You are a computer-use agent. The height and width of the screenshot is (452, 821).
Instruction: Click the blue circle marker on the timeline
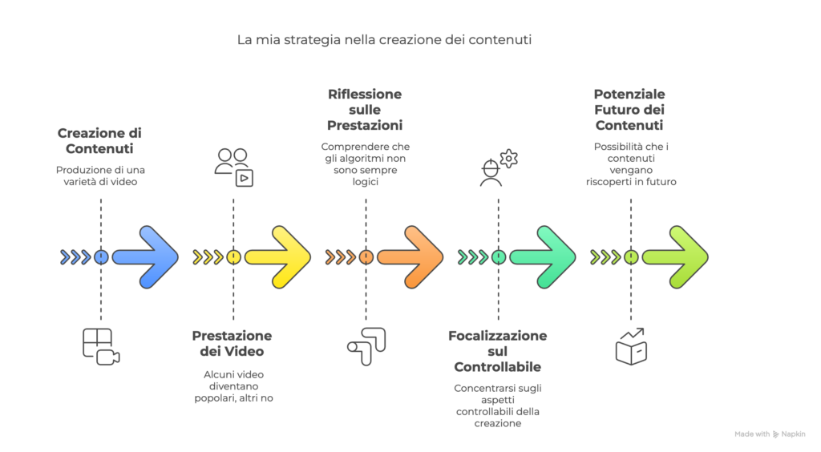click(101, 257)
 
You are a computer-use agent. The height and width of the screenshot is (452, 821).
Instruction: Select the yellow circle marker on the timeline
click(233, 257)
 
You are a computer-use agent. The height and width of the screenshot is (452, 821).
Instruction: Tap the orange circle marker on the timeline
click(366, 257)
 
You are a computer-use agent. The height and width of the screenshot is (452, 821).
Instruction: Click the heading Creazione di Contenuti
click(99, 141)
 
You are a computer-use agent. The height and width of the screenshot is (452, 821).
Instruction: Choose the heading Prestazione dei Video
click(232, 343)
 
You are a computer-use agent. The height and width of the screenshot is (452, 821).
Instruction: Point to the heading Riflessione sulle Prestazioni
click(365, 110)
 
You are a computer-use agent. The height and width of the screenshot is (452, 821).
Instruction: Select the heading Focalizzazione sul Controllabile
click(497, 351)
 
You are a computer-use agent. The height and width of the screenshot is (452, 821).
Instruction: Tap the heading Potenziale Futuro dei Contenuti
click(629, 110)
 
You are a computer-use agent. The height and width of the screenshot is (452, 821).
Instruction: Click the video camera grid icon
click(101, 346)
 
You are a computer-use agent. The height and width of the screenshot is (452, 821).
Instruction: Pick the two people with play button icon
click(233, 167)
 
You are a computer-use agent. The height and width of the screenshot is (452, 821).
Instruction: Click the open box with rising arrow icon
click(631, 346)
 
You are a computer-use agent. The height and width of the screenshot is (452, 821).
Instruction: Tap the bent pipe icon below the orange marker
click(366, 346)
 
